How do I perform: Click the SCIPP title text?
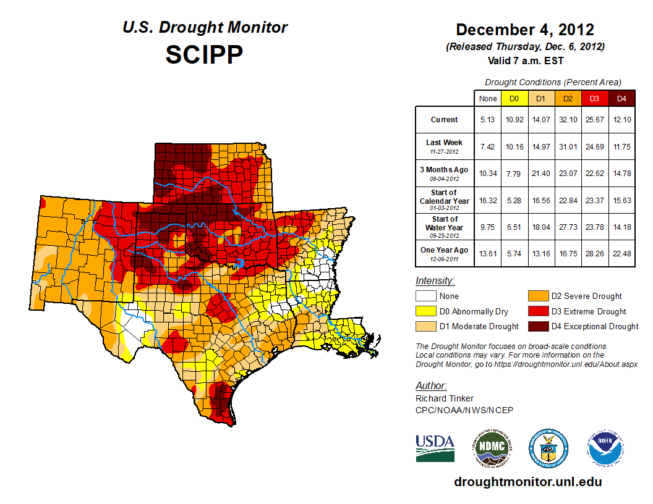[205, 54]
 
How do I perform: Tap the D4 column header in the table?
[621, 98]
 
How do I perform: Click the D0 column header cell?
[514, 98]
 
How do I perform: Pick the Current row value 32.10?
[567, 120]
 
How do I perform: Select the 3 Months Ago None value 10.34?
[487, 173]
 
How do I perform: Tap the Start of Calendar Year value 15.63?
[621, 199]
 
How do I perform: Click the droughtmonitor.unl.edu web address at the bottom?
[527, 482]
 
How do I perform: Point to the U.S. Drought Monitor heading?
[205, 28]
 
